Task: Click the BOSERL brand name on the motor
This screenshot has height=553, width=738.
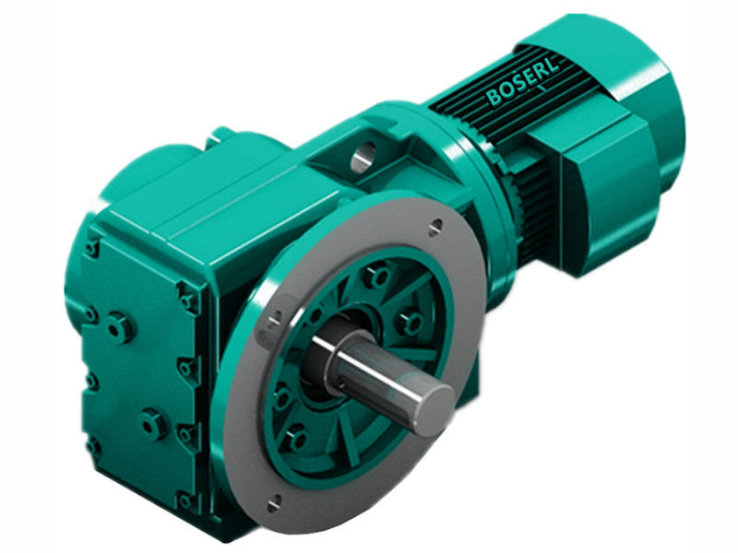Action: [x=523, y=81]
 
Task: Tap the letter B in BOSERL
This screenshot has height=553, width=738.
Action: [x=494, y=97]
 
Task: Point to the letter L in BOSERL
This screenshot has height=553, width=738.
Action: [x=553, y=65]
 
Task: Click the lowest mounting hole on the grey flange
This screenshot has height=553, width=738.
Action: [x=276, y=503]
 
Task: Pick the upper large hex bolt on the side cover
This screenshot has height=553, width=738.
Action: [x=119, y=326]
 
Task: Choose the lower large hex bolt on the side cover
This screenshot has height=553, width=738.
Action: [x=151, y=423]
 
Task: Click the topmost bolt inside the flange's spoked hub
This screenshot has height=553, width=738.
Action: [x=375, y=276]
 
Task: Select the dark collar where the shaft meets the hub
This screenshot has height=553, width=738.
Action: [x=318, y=355]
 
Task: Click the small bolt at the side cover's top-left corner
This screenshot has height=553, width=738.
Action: [x=92, y=248]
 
